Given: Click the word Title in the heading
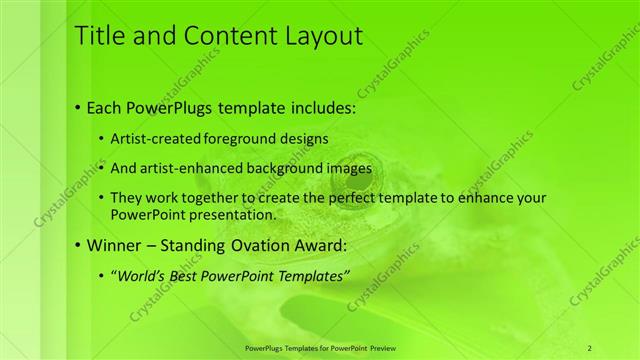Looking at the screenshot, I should pyautogui.click(x=100, y=37).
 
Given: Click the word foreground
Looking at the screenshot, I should pyautogui.click(x=262, y=137).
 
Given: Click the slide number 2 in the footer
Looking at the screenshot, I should pyautogui.click(x=590, y=347).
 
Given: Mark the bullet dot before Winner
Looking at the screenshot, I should pyautogui.click(x=78, y=245).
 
